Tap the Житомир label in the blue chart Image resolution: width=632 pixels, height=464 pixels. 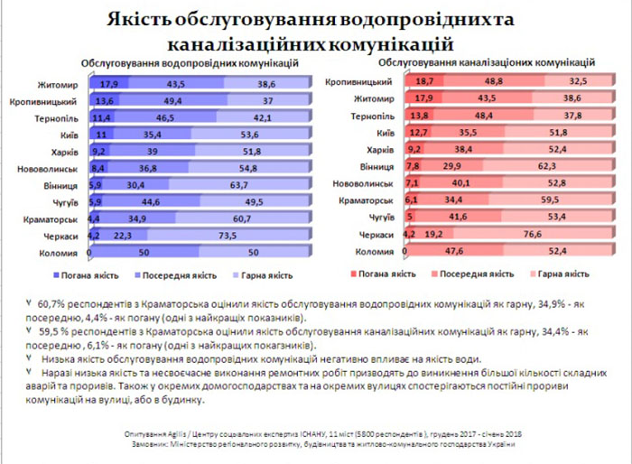coord(60,84)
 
